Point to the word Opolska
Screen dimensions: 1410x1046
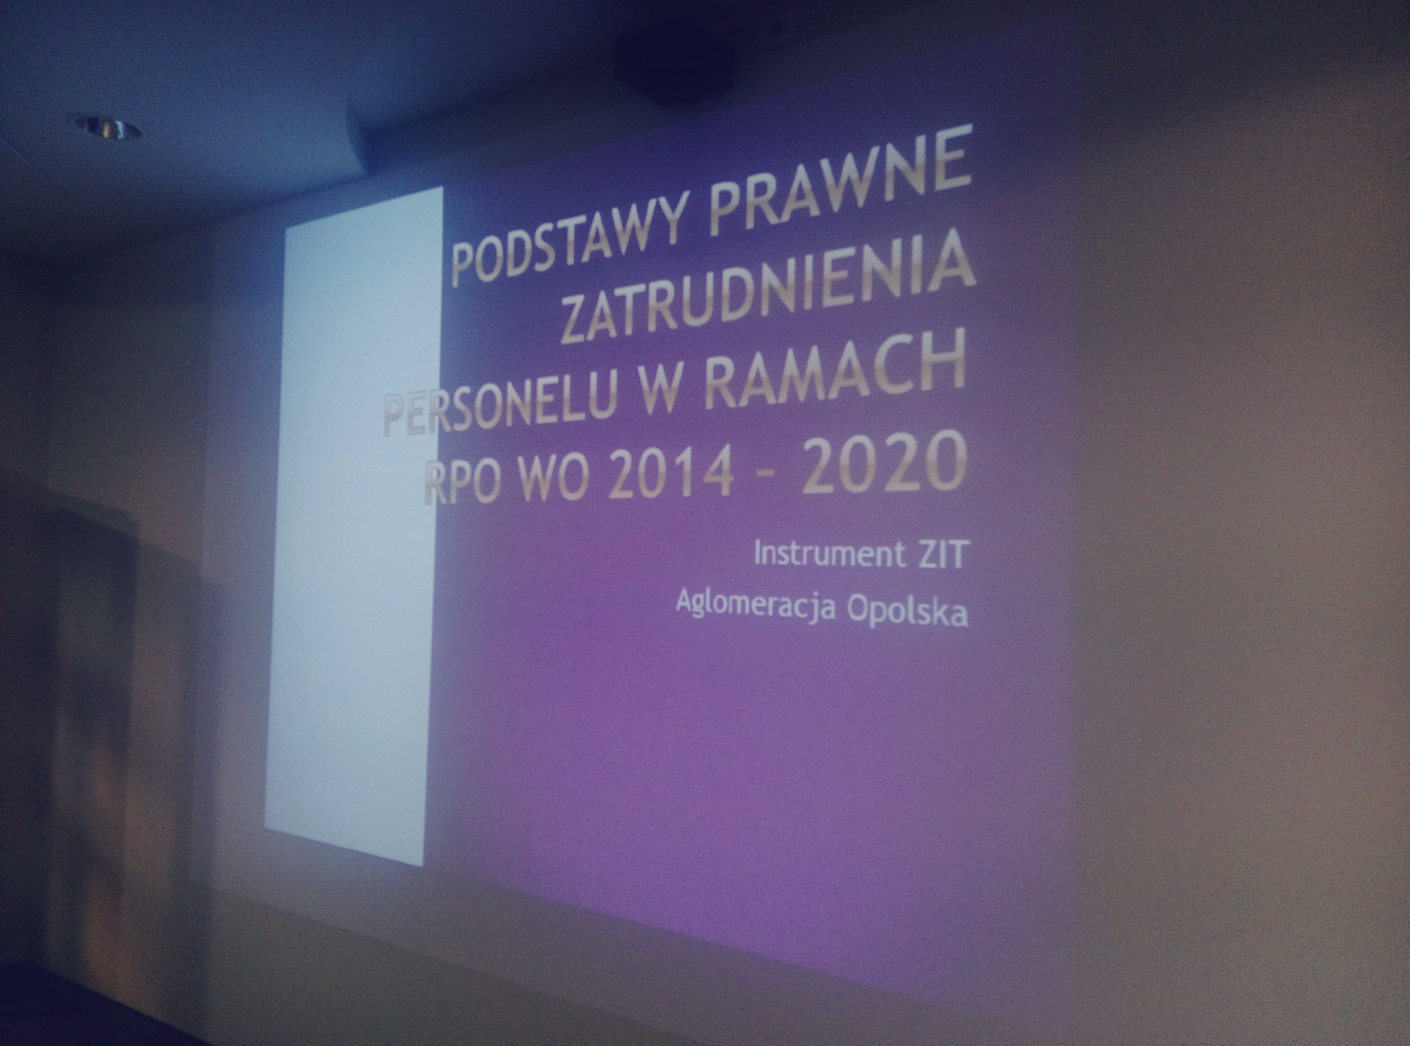pos(907,611)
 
